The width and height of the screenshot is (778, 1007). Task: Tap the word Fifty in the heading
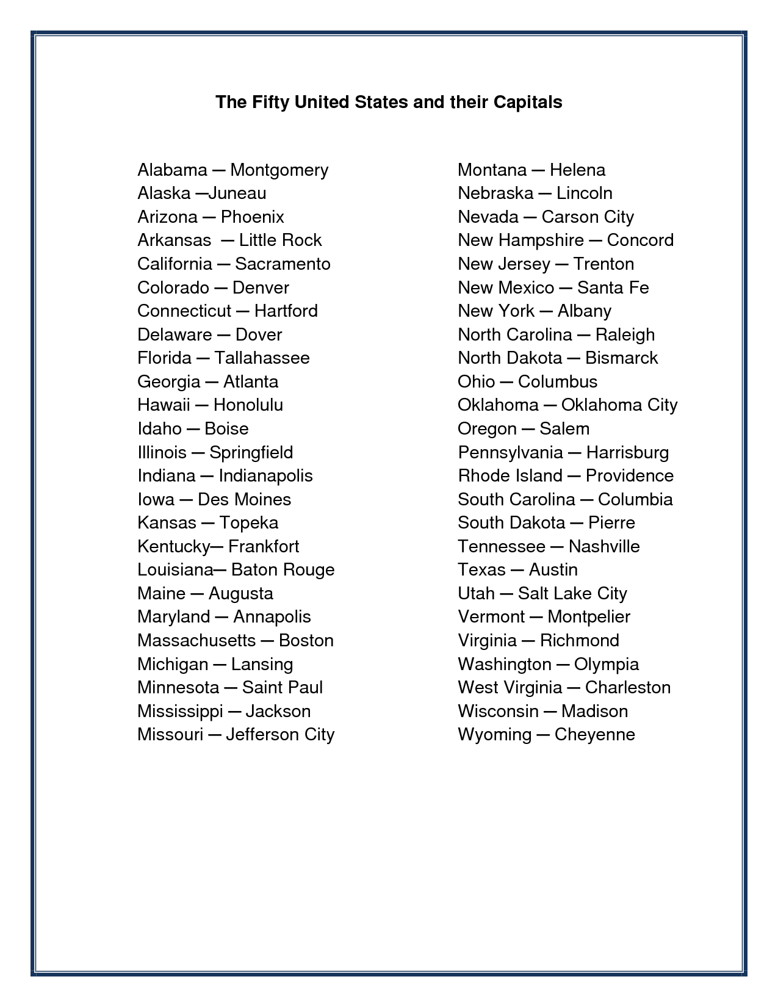point(270,102)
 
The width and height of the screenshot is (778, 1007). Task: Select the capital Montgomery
point(279,170)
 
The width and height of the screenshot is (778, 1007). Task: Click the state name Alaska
point(164,193)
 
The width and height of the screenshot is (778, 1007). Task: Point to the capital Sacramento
point(283,264)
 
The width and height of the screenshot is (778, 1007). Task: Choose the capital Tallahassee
point(262,358)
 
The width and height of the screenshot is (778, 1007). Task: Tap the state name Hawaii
point(164,405)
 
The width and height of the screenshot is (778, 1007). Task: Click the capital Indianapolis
point(265,476)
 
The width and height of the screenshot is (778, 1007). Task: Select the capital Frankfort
point(264,547)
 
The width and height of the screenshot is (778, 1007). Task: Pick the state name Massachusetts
point(196,641)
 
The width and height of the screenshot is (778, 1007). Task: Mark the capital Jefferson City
point(280,735)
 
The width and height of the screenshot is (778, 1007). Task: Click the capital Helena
point(577,170)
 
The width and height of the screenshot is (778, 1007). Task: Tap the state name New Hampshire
point(520,240)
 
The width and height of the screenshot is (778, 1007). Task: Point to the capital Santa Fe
point(613,288)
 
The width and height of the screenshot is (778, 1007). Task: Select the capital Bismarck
point(621,358)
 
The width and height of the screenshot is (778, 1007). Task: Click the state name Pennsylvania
point(510,453)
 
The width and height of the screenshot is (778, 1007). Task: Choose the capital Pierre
point(611,523)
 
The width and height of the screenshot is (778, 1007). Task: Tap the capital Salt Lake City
point(572,594)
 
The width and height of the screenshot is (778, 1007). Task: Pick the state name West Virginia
point(510,688)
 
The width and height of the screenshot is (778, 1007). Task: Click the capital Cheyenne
point(594,735)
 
